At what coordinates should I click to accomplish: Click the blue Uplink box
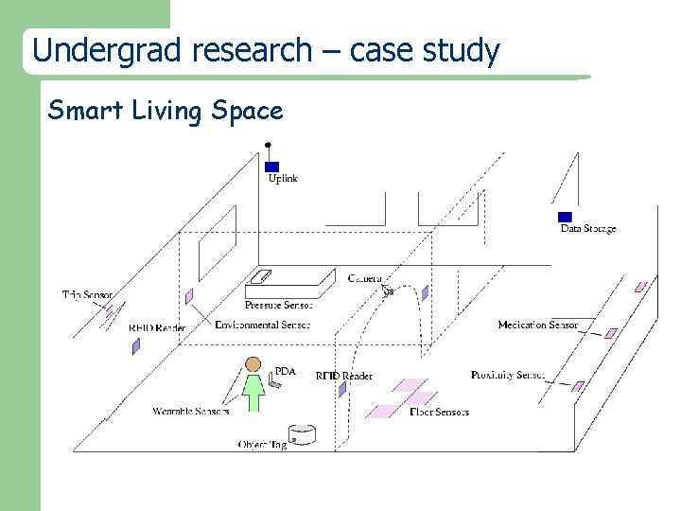pos(271,167)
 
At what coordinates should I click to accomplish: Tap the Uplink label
pos(283,179)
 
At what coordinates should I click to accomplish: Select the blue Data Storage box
pos(565,217)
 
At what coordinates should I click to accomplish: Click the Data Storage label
pos(587,229)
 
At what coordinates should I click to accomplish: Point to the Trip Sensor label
pos(87,295)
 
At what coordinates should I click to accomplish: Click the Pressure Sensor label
pos(278,305)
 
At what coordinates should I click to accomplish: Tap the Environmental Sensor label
pos(262,326)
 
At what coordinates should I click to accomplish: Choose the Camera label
pos(364,278)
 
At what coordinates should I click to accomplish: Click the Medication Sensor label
pos(537,326)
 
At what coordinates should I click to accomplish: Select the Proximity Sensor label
pos(507,376)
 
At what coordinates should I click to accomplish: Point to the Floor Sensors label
pos(440,412)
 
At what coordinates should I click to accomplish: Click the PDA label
pos(285,372)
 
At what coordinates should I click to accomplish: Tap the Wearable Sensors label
pos(190,412)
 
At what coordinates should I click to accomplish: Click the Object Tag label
pos(262,444)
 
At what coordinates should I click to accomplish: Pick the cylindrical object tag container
pos(302,435)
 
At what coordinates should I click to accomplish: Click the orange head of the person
pos(253,364)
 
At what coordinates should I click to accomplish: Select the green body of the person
pos(253,390)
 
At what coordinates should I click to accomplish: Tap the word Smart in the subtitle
pos(79,111)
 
